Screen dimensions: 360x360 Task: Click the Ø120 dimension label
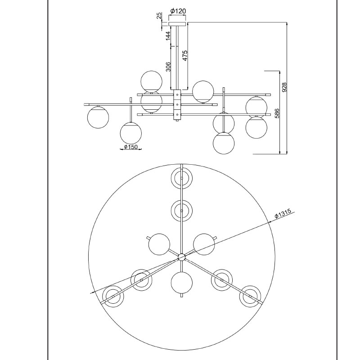(x=178, y=11)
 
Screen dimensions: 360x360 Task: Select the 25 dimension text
(x=159, y=16)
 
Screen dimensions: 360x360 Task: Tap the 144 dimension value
(x=168, y=36)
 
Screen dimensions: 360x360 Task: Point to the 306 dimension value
(x=168, y=67)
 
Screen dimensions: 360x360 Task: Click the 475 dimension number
(x=184, y=55)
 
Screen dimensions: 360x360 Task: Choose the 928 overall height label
(x=284, y=87)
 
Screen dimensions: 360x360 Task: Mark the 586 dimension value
(x=277, y=113)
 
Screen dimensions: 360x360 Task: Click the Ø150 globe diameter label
(x=130, y=147)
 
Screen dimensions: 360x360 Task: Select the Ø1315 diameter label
(x=283, y=213)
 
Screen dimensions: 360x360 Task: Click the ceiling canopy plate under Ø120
(x=177, y=24)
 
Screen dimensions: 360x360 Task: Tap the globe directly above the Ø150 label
(x=131, y=133)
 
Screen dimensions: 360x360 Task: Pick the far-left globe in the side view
(x=98, y=117)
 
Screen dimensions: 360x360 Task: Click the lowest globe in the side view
(x=224, y=143)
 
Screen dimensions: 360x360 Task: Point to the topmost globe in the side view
(x=152, y=82)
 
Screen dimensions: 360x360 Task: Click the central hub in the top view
(x=181, y=257)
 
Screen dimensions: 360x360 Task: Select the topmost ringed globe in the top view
(x=182, y=178)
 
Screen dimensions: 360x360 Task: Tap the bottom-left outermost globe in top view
(x=113, y=297)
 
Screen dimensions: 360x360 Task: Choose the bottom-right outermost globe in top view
(x=250, y=297)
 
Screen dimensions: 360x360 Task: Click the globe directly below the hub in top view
(x=182, y=283)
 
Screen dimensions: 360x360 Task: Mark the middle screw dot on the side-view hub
(x=177, y=104)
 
